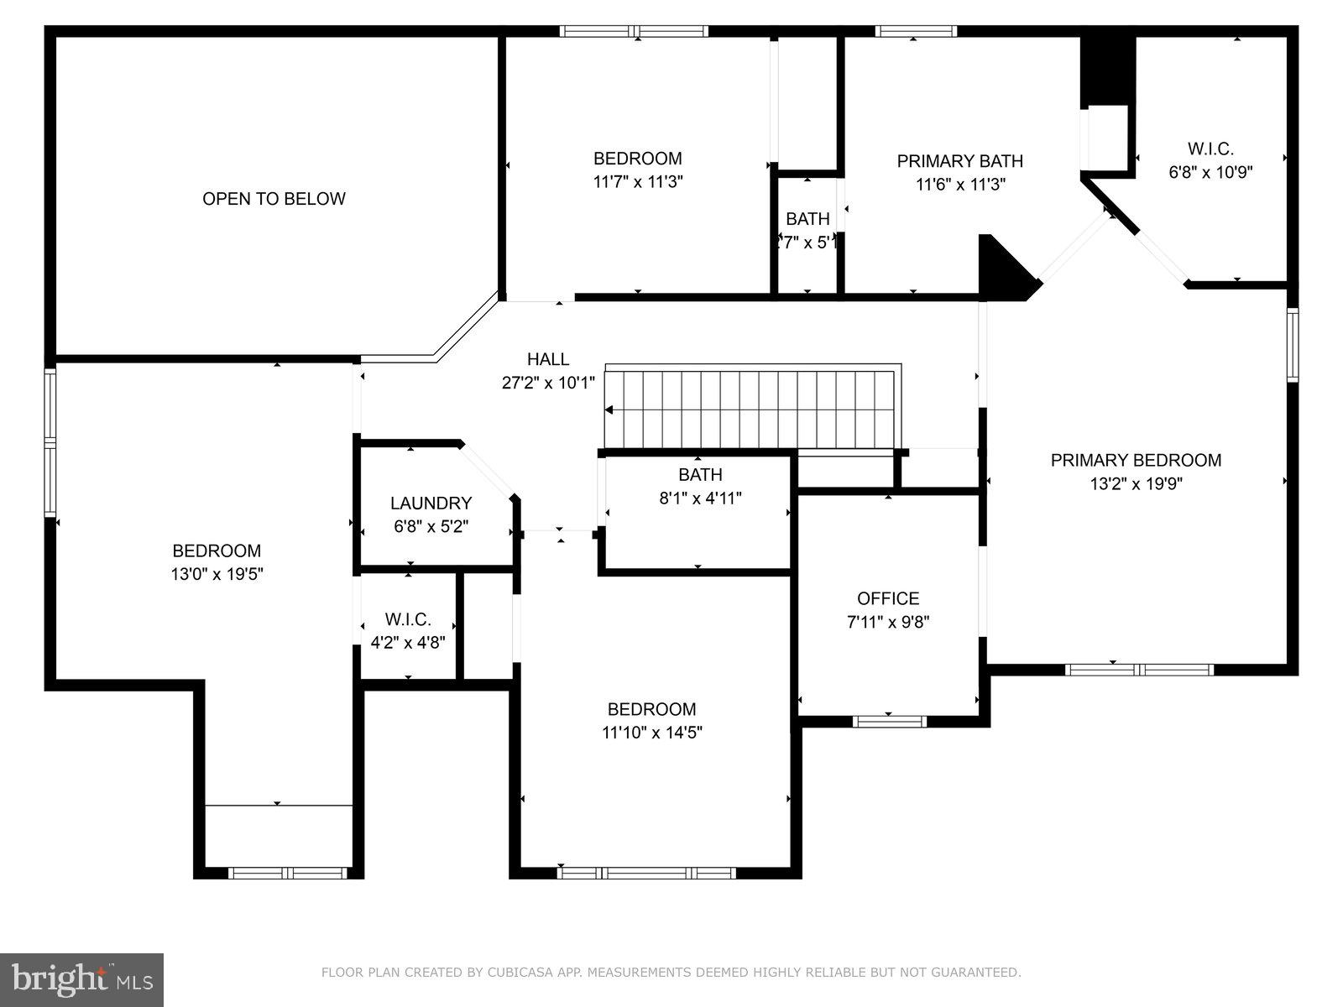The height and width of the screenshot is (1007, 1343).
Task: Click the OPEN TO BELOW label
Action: point(274,199)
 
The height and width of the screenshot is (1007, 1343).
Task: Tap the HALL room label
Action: point(548,359)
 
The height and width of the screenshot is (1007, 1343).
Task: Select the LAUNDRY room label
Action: point(431,503)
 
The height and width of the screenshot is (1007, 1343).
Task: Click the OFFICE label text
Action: point(888,598)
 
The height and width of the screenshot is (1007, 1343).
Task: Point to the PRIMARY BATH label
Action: point(959,161)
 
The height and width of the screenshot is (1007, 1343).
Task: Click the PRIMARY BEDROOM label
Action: point(1136,460)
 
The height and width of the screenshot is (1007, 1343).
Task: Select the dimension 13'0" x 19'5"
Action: point(217,575)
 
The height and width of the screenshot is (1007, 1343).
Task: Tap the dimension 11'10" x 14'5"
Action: point(651,733)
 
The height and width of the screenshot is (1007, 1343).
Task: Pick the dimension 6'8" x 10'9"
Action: point(1210,172)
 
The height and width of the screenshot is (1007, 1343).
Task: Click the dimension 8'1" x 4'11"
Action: point(700,498)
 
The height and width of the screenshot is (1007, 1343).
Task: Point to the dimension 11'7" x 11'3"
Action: point(637,181)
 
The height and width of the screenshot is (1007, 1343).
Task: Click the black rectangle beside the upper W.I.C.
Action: point(1107,71)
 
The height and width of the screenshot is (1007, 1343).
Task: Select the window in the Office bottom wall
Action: point(889,721)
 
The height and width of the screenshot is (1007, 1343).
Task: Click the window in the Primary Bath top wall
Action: point(916,32)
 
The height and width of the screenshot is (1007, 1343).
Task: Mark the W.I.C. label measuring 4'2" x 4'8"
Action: point(408,619)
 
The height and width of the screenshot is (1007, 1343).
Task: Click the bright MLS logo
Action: point(81,979)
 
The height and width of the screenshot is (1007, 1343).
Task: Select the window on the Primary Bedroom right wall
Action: point(1293,345)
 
